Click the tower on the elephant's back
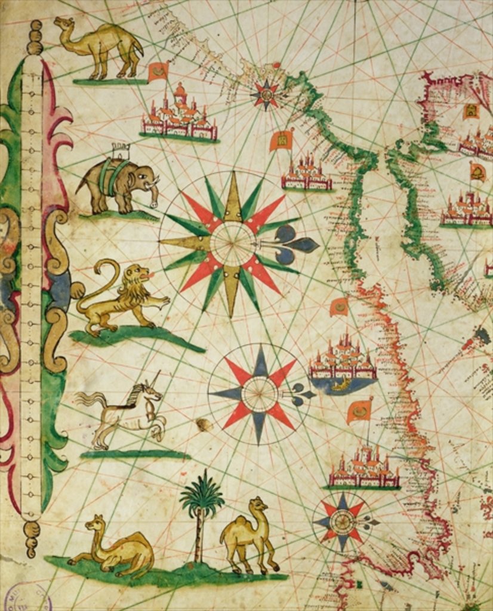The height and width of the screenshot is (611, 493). pyautogui.click(x=121, y=150)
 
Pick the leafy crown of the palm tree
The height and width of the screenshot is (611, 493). pyautogui.click(x=202, y=495)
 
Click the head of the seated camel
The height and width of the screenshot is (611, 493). pyautogui.click(x=94, y=524)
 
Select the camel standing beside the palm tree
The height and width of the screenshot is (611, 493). pyautogui.click(x=247, y=535)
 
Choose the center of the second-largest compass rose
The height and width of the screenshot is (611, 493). pyautogui.click(x=260, y=394)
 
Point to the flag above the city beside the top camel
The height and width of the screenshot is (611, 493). pyautogui.click(x=158, y=72)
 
